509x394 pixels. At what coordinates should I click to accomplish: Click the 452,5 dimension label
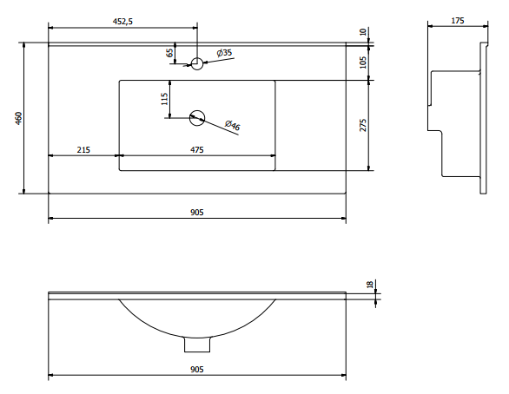(x=122, y=22)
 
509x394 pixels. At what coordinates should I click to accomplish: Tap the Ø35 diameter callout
(x=224, y=53)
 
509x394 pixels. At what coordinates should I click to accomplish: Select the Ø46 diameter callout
(x=233, y=125)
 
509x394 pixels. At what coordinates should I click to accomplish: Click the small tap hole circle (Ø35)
(x=196, y=63)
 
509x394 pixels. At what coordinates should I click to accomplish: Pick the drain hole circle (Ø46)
(x=197, y=118)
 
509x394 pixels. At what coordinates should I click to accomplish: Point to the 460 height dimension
(x=19, y=118)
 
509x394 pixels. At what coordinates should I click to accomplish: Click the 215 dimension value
(x=83, y=150)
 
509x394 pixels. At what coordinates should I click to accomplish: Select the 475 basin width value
(x=196, y=150)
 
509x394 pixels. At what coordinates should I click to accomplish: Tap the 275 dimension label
(x=363, y=125)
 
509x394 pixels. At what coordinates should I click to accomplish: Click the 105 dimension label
(x=363, y=62)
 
